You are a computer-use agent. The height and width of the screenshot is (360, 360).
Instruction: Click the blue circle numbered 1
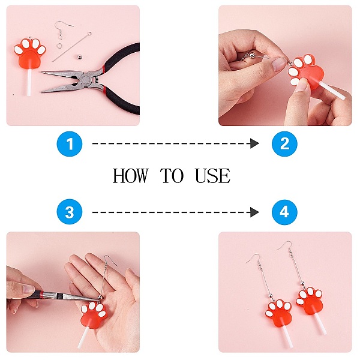point(70,144)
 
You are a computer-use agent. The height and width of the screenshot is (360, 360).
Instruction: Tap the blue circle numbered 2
point(284,144)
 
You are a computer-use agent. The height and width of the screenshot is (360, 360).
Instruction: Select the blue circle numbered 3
point(70,212)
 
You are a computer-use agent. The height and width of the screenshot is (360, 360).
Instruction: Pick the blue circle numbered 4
point(284,212)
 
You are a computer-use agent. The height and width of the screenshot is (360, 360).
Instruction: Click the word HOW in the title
point(130,176)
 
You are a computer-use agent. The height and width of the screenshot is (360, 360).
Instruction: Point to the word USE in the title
point(212,176)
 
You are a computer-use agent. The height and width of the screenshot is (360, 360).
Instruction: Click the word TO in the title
point(172,176)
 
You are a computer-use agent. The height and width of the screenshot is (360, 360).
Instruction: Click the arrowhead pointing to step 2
point(254,143)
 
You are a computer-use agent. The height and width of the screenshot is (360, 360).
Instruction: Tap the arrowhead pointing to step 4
point(254,212)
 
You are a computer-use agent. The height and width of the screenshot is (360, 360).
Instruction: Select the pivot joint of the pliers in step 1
point(86,80)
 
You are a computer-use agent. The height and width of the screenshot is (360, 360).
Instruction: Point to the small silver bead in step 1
point(79,56)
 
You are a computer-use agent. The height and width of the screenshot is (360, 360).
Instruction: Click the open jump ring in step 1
point(59,46)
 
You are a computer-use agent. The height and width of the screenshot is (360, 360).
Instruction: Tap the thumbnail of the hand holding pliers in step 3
point(28,289)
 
